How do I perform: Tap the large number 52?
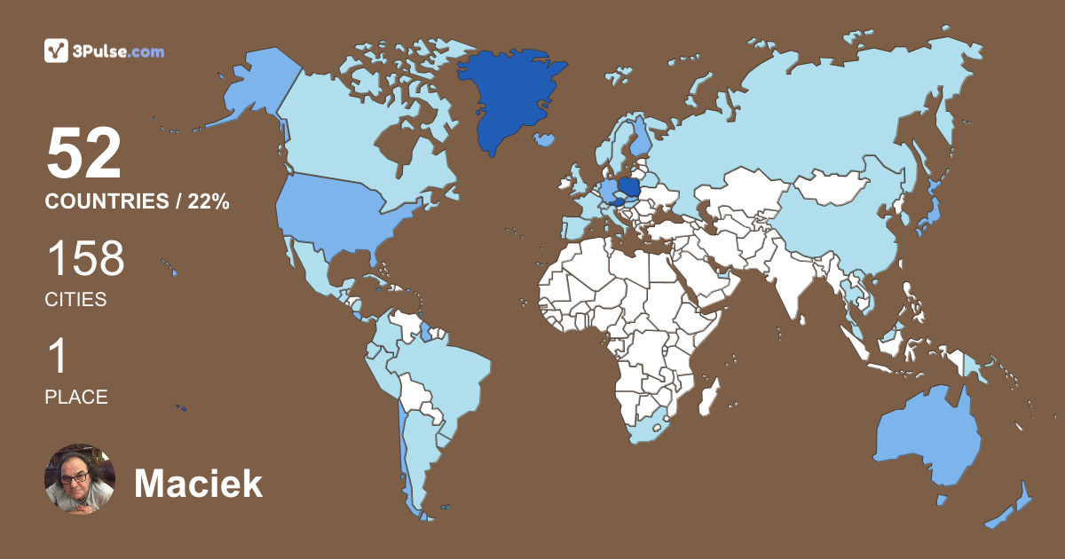coord(83,154)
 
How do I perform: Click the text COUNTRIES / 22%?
coord(138,202)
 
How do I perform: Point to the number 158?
coord(85,259)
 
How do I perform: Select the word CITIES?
coord(75,300)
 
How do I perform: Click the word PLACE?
coord(76,398)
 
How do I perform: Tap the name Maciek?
coord(198,484)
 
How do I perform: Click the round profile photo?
coord(80,479)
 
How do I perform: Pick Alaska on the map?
coord(257,89)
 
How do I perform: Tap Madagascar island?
coord(707,396)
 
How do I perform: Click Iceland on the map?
coord(545,139)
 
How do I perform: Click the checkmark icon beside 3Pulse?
coord(56,51)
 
